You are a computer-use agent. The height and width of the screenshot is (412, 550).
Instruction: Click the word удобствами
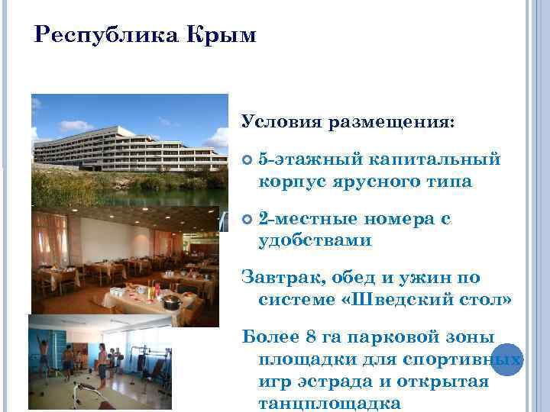coord(315,240)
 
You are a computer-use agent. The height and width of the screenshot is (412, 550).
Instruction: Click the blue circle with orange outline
coord(506,359)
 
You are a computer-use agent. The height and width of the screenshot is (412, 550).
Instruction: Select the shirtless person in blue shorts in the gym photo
coord(102,362)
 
